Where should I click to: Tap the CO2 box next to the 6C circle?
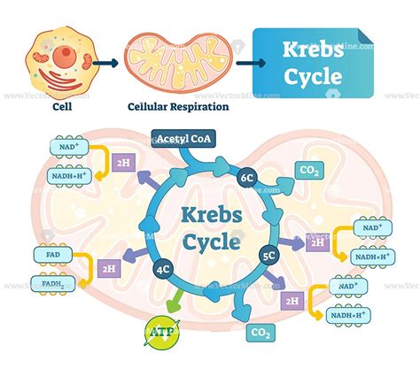point(310,171)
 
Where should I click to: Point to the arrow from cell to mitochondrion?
point(105,64)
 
